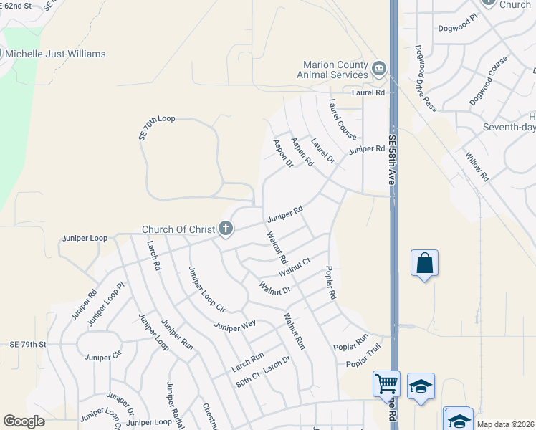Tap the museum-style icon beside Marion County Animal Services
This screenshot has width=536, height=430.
coord(379,69)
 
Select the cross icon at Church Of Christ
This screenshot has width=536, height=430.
coord(226,229)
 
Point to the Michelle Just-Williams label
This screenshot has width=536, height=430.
coord(55,54)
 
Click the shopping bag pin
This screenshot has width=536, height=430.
coord(424,263)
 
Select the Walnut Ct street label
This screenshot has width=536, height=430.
coord(295,267)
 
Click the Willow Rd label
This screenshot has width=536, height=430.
coord(477,166)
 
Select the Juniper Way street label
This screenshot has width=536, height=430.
coord(235,326)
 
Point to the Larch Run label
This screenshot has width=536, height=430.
coord(248,362)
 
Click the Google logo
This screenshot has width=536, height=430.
coord(24,421)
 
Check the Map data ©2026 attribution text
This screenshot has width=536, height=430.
coord(505,424)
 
